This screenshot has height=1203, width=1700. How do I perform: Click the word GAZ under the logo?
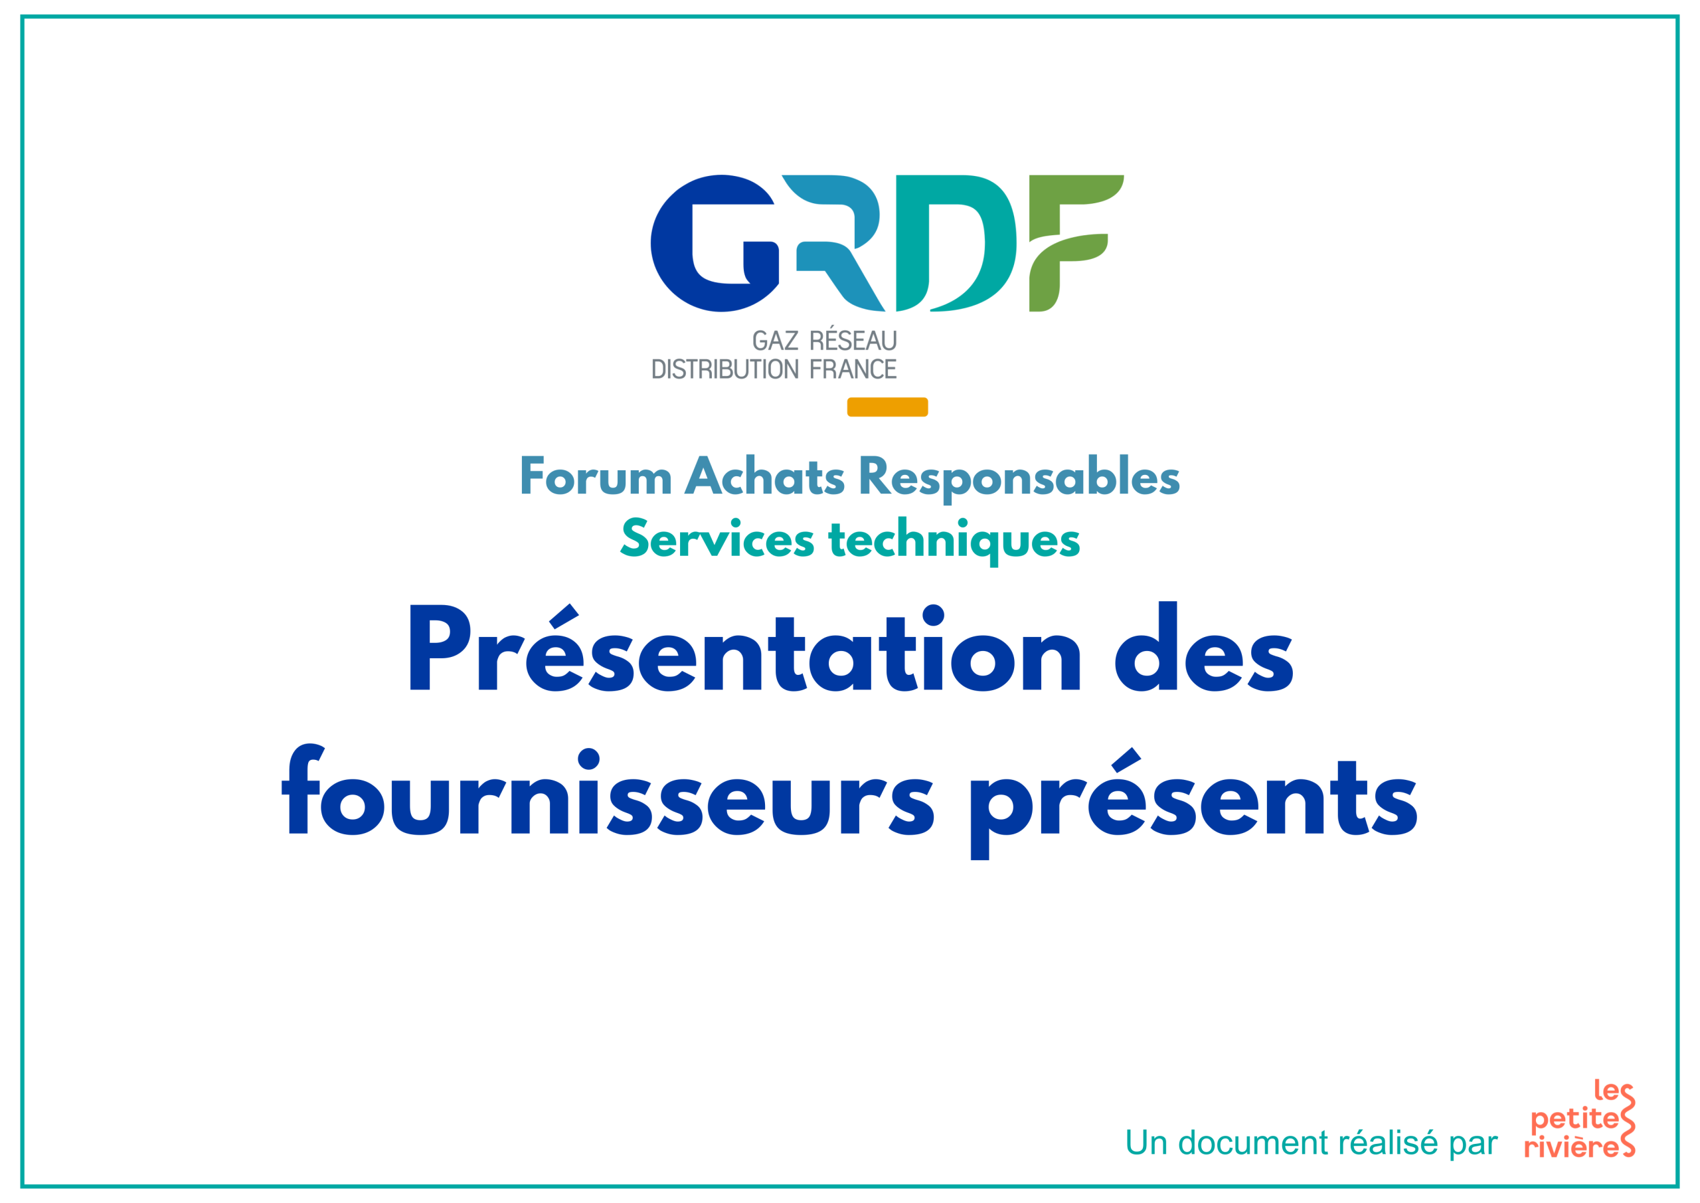click(x=775, y=341)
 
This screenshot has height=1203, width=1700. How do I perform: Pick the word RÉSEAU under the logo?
click(x=853, y=339)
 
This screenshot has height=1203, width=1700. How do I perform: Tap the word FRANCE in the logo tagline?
click(x=853, y=369)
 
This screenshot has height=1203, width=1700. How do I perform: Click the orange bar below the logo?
click(x=887, y=407)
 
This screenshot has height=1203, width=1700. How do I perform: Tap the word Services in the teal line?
click(x=717, y=539)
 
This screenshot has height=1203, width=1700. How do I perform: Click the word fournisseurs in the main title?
click(x=608, y=790)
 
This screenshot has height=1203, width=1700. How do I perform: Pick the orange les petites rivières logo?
click(x=1579, y=1119)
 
